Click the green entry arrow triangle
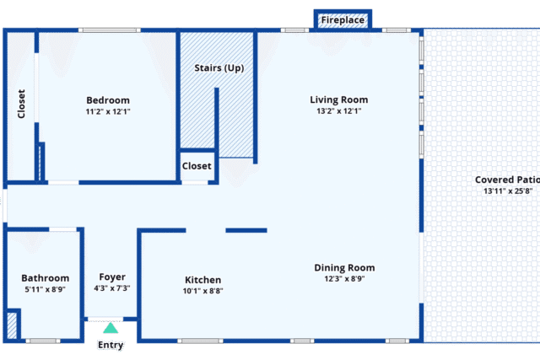coord(111,328)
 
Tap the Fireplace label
coord(343,20)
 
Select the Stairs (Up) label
coord(219,67)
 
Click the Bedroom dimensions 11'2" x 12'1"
coord(108,111)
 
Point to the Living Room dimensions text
coord(339,110)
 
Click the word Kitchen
coord(202,280)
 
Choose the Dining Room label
coord(344,268)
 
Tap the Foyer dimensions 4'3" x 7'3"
coord(112,288)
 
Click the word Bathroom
coord(45,278)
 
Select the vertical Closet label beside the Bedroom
coord(21,104)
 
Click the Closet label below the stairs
coord(197,166)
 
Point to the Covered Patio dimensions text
coord(508,191)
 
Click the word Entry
coord(111,345)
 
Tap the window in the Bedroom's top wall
coord(110,30)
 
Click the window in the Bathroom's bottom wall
coord(43,341)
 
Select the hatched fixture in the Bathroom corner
coord(12,325)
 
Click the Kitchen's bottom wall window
coord(200,341)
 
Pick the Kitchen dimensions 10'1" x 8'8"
coord(202,291)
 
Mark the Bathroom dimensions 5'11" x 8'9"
coord(45,289)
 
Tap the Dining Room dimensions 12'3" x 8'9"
coord(344,279)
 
